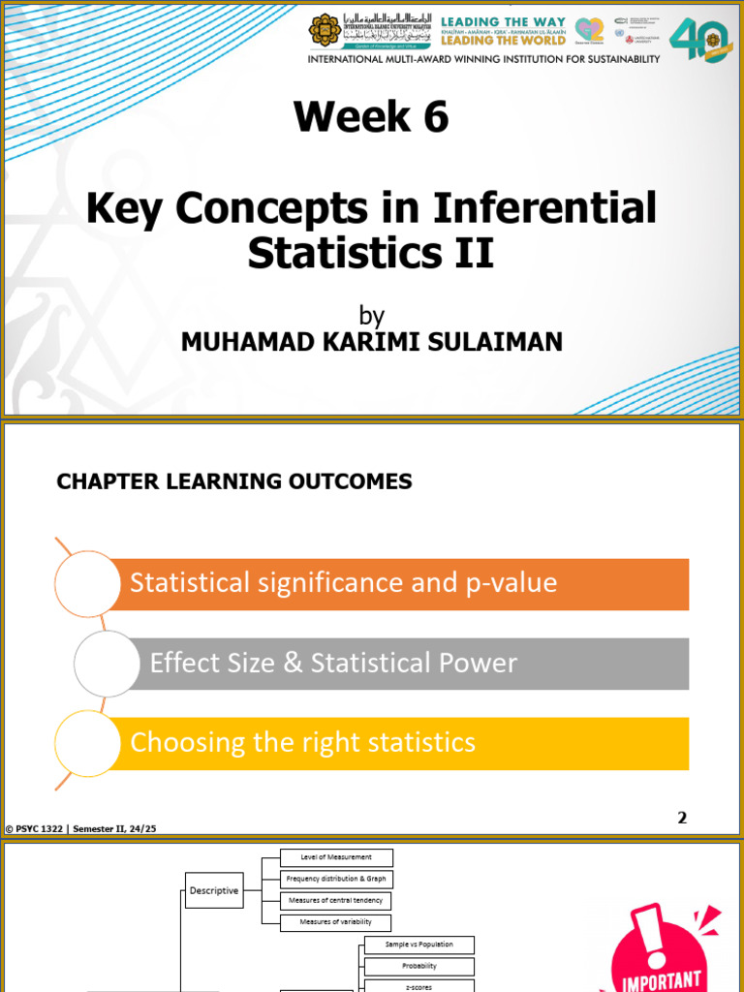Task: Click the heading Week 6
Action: [x=372, y=117]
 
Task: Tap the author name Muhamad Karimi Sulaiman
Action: [x=371, y=342]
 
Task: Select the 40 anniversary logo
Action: [x=700, y=40]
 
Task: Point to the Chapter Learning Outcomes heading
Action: [x=234, y=481]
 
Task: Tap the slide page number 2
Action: [x=682, y=818]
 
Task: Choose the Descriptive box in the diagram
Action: [x=214, y=890]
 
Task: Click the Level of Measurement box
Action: [x=336, y=857]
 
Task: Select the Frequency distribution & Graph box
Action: [x=336, y=879]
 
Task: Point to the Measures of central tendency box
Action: [x=336, y=901]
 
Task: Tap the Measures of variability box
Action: [x=336, y=922]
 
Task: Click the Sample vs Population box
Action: [x=419, y=945]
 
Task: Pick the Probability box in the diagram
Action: [x=419, y=966]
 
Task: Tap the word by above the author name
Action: [x=371, y=316]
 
